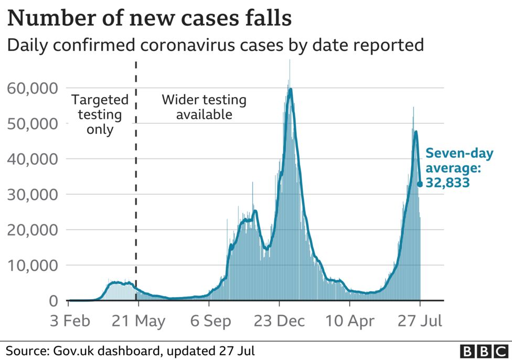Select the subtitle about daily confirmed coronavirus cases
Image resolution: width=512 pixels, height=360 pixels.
(215, 45)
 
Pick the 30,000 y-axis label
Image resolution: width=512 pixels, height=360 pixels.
(32, 194)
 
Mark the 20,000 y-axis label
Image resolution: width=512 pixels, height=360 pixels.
(32, 230)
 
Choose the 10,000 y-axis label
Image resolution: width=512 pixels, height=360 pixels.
(32, 265)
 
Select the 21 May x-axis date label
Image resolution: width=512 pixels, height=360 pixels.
(138, 321)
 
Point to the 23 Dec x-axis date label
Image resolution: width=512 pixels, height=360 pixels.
(280, 321)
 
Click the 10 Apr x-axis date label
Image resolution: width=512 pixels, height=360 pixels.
(350, 321)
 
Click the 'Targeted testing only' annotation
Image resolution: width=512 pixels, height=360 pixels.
(100, 114)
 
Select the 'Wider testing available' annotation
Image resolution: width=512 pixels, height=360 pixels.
(204, 107)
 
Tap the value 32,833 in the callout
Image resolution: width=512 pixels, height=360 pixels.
(447, 183)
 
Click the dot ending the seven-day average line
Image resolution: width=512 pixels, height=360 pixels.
(420, 184)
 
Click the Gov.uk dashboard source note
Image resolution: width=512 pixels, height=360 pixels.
(131, 350)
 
